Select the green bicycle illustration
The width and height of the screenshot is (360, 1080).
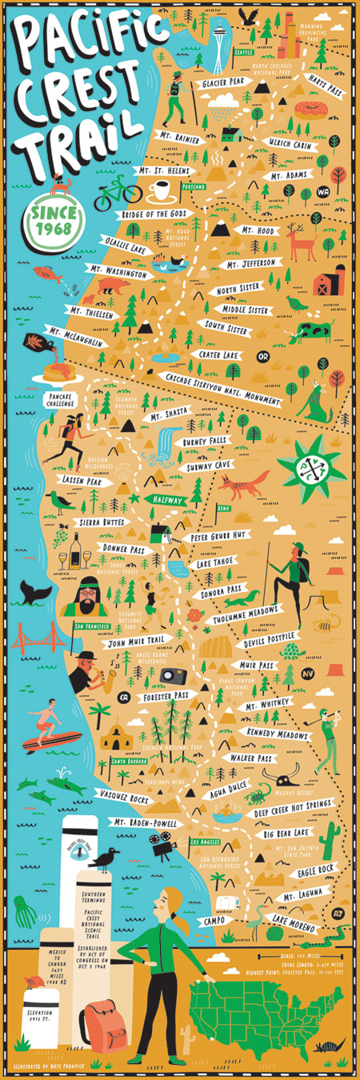pyautogui.click(x=118, y=193)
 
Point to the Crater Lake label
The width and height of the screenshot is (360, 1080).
pyautogui.click(x=215, y=354)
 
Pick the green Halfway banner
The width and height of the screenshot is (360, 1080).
pyautogui.click(x=169, y=500)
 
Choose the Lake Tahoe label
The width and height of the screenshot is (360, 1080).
pyautogui.click(x=215, y=562)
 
